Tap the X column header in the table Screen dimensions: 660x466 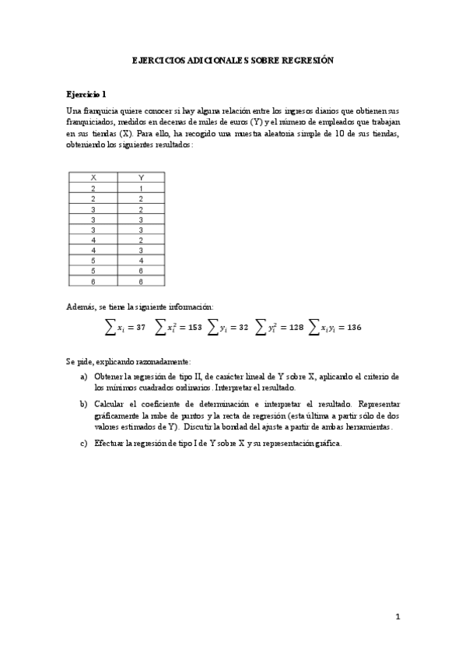(x=93, y=177)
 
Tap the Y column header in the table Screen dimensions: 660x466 (x=141, y=177)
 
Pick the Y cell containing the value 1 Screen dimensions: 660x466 (x=141, y=188)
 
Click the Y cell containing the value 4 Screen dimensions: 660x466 (x=141, y=261)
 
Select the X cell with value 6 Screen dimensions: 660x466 (x=93, y=281)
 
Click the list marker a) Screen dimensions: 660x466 (x=83, y=376)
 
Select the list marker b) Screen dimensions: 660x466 (x=83, y=405)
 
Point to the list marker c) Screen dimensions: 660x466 (x=83, y=444)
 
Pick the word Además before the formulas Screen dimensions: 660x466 (x=82, y=307)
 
